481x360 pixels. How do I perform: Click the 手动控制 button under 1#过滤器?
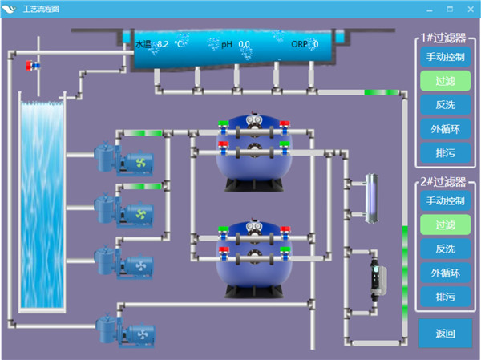pos(445,57)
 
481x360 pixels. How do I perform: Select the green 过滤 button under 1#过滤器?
pos(445,81)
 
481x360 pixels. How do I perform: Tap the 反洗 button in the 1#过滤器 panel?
pos(445,105)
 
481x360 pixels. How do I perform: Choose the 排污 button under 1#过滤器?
pos(445,152)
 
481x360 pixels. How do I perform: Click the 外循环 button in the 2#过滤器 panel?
pos(445,273)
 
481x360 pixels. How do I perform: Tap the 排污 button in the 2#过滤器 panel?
pos(445,297)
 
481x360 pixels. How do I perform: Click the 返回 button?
pos(445,334)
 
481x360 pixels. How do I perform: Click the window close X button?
pos(470,8)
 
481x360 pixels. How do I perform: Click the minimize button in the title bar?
pos(430,8)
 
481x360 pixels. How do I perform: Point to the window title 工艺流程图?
pos(41,8)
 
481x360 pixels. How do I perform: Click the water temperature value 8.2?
pos(163,45)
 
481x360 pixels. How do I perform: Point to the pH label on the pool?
pos(228,45)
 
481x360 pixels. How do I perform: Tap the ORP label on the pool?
pos(299,45)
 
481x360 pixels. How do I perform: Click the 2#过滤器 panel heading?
pos(445,182)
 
